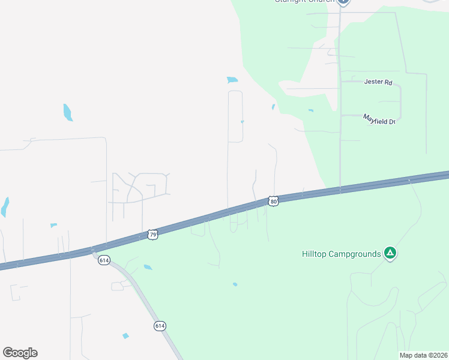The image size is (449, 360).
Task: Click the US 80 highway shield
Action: (273, 202)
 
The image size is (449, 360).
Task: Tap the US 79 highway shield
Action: (153, 235)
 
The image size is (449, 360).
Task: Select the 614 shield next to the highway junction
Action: (104, 260)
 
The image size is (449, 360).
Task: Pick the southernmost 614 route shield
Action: (159, 326)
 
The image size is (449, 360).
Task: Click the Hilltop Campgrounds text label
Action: (341, 254)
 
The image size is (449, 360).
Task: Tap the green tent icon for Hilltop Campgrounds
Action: (390, 253)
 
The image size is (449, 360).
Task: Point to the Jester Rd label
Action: (378, 82)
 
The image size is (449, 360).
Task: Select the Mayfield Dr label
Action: (379, 119)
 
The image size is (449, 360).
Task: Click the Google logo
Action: (20, 353)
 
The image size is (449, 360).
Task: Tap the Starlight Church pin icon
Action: (343, 2)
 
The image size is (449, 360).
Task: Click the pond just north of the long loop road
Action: (232, 80)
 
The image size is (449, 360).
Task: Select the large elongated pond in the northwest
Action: (68, 112)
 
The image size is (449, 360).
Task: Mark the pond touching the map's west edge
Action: (5, 207)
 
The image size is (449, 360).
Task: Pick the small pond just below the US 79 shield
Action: (148, 267)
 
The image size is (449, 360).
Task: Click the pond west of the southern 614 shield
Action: (125, 336)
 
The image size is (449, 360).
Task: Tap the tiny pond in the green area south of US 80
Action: (235, 284)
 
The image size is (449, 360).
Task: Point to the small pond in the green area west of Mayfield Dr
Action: (310, 110)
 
